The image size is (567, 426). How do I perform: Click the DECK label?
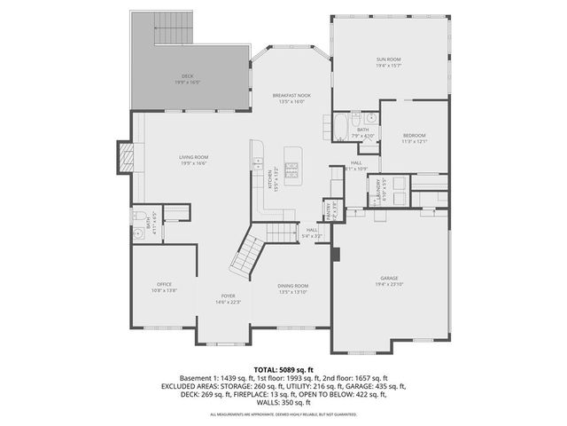point(187,76)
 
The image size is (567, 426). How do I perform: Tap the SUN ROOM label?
point(388,60)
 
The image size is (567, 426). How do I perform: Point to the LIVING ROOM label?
point(194,157)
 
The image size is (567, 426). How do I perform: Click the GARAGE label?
point(389,277)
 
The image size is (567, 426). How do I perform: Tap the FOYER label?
point(229,296)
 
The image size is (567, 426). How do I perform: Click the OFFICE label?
point(164,284)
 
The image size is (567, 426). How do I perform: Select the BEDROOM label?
point(415,135)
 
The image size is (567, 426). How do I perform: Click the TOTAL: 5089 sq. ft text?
point(283,368)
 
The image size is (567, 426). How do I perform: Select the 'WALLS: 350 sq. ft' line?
point(283,403)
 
